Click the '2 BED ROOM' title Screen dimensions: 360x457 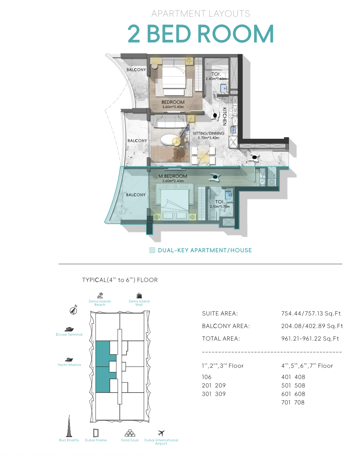click(x=201, y=33)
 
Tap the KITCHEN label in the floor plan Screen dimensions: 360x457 click(x=225, y=117)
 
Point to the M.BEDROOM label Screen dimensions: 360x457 click(x=173, y=176)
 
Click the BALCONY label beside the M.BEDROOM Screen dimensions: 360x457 click(x=135, y=195)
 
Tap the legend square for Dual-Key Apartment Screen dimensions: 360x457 click(x=152, y=250)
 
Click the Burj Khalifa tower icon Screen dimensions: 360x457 click(x=69, y=426)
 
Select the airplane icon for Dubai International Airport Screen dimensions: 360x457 click(x=161, y=433)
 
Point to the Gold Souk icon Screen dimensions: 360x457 click(x=130, y=433)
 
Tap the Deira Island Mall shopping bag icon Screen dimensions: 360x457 click(x=139, y=296)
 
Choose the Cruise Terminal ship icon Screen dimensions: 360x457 click(x=69, y=329)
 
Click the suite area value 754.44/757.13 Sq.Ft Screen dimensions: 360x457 click(x=311, y=314)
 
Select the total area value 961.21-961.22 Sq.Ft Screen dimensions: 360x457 click(x=310, y=339)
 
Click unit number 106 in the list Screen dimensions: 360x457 click(x=206, y=377)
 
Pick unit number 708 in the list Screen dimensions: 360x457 click(x=299, y=403)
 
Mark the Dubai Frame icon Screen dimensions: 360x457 click(x=96, y=433)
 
